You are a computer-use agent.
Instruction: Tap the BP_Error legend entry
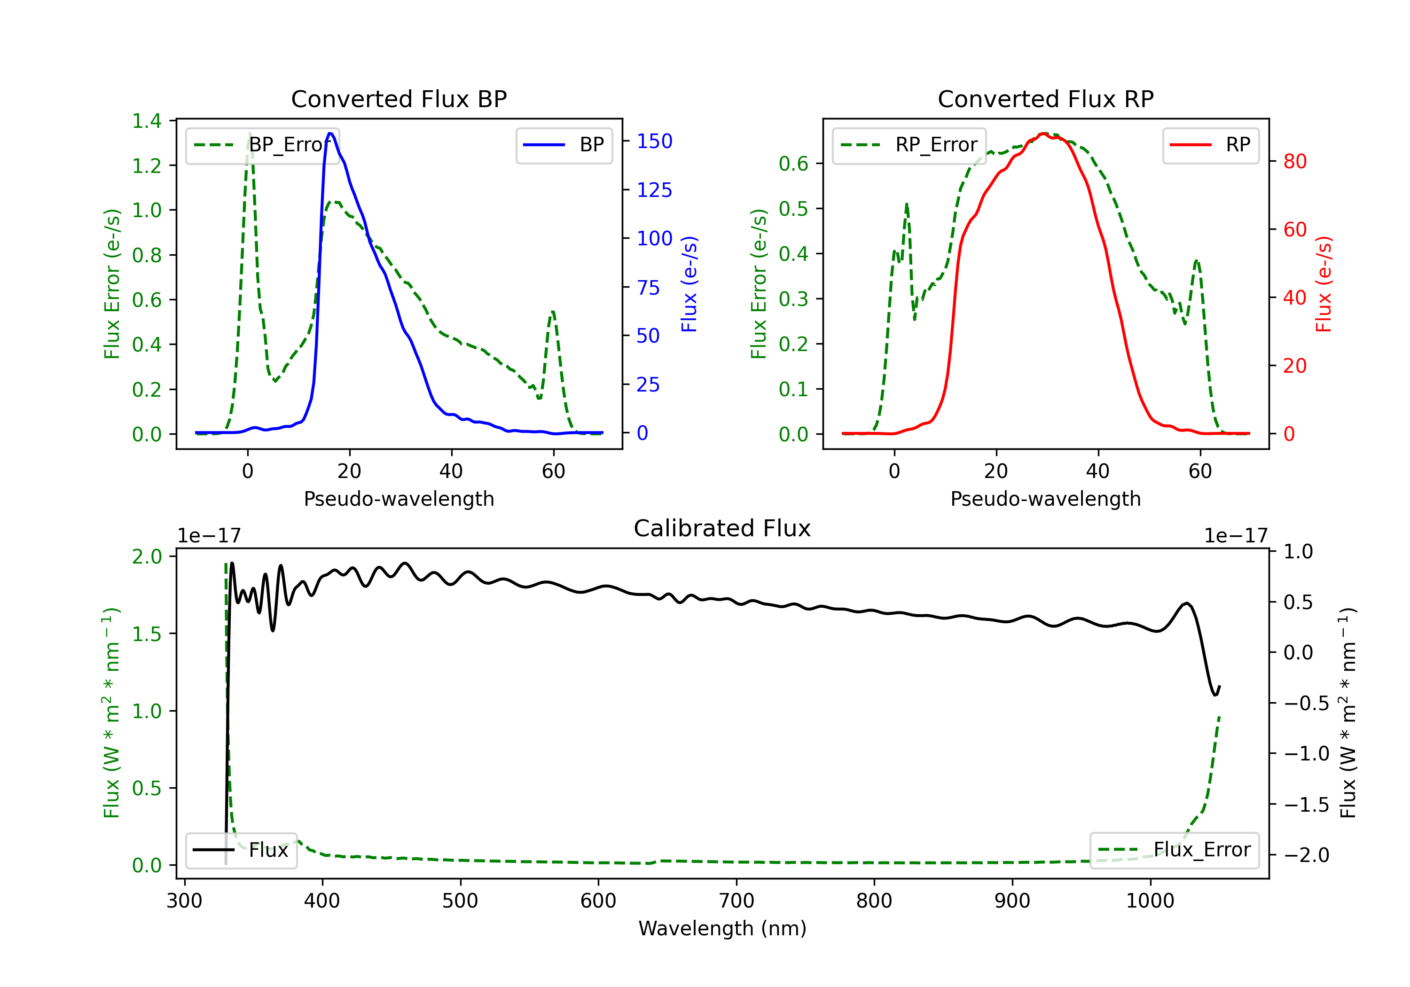(x=263, y=145)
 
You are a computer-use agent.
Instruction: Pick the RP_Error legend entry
(x=909, y=145)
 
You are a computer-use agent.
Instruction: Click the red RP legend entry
(x=1210, y=145)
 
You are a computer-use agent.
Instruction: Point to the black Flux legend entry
(x=242, y=850)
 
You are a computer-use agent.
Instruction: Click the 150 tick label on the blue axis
(x=654, y=141)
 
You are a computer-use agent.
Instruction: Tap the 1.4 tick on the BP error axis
(x=147, y=121)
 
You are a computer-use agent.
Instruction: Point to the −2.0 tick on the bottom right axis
(x=1306, y=855)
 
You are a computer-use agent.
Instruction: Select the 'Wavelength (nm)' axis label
(x=722, y=928)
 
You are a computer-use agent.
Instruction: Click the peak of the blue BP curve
(x=330, y=133)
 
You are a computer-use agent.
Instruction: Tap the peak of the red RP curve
(x=1043, y=134)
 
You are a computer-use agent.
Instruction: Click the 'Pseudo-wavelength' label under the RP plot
(x=1045, y=499)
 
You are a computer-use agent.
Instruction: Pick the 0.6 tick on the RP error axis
(x=793, y=164)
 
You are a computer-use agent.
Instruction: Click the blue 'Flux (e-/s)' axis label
(x=689, y=284)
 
